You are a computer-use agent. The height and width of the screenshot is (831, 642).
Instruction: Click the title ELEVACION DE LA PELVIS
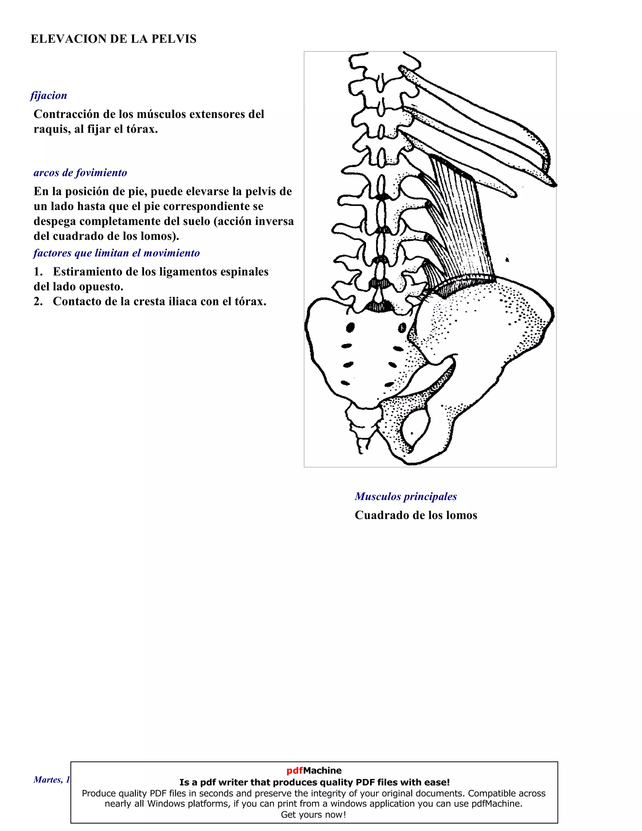click(x=113, y=39)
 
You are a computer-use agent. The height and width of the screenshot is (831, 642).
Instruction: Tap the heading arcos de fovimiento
click(x=80, y=173)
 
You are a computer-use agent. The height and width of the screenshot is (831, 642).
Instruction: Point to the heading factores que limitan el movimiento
click(x=116, y=253)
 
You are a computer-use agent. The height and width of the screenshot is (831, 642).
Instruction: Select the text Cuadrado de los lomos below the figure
click(x=416, y=515)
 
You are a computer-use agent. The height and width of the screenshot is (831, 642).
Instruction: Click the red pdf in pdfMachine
click(x=295, y=770)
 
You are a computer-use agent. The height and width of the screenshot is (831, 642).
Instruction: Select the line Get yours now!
click(x=313, y=815)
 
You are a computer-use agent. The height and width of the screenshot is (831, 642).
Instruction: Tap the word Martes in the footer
click(x=47, y=780)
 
